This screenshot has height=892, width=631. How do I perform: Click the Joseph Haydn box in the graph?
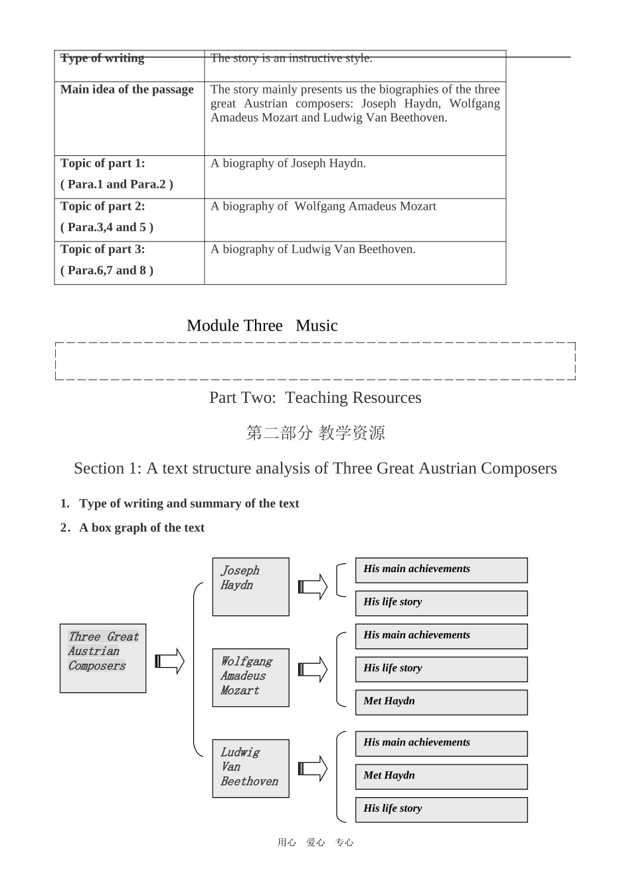click(x=250, y=587)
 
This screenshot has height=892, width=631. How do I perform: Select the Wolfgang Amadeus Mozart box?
click(x=250, y=677)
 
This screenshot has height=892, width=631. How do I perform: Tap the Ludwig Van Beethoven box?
click(x=250, y=768)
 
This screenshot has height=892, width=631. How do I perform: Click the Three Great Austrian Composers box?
click(x=103, y=658)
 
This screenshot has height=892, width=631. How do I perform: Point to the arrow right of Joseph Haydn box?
click(x=313, y=587)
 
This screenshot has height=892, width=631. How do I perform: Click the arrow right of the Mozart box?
click(x=313, y=670)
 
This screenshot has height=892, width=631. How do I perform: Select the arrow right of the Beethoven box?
click(x=313, y=769)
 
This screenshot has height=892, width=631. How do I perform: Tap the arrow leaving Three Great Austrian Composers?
click(x=169, y=661)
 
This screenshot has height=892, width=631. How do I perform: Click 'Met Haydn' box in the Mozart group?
click(x=441, y=702)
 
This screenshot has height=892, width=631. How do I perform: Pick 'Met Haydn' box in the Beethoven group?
click(x=441, y=777)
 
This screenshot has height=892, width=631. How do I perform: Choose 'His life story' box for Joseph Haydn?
click(x=441, y=603)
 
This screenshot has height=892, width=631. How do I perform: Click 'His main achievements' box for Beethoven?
click(x=441, y=743)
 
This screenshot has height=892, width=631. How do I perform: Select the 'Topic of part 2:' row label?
click(x=103, y=206)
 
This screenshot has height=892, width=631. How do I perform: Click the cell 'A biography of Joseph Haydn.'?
click(x=288, y=163)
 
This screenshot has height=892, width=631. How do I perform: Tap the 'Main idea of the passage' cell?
click(x=127, y=90)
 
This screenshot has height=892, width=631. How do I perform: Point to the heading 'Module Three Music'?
click(x=262, y=326)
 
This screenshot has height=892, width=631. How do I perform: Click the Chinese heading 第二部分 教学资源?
click(x=315, y=433)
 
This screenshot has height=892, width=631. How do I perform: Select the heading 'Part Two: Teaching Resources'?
click(x=315, y=398)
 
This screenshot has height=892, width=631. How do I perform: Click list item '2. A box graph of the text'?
click(x=133, y=528)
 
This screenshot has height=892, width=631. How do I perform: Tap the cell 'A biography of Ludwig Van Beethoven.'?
click(x=313, y=250)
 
